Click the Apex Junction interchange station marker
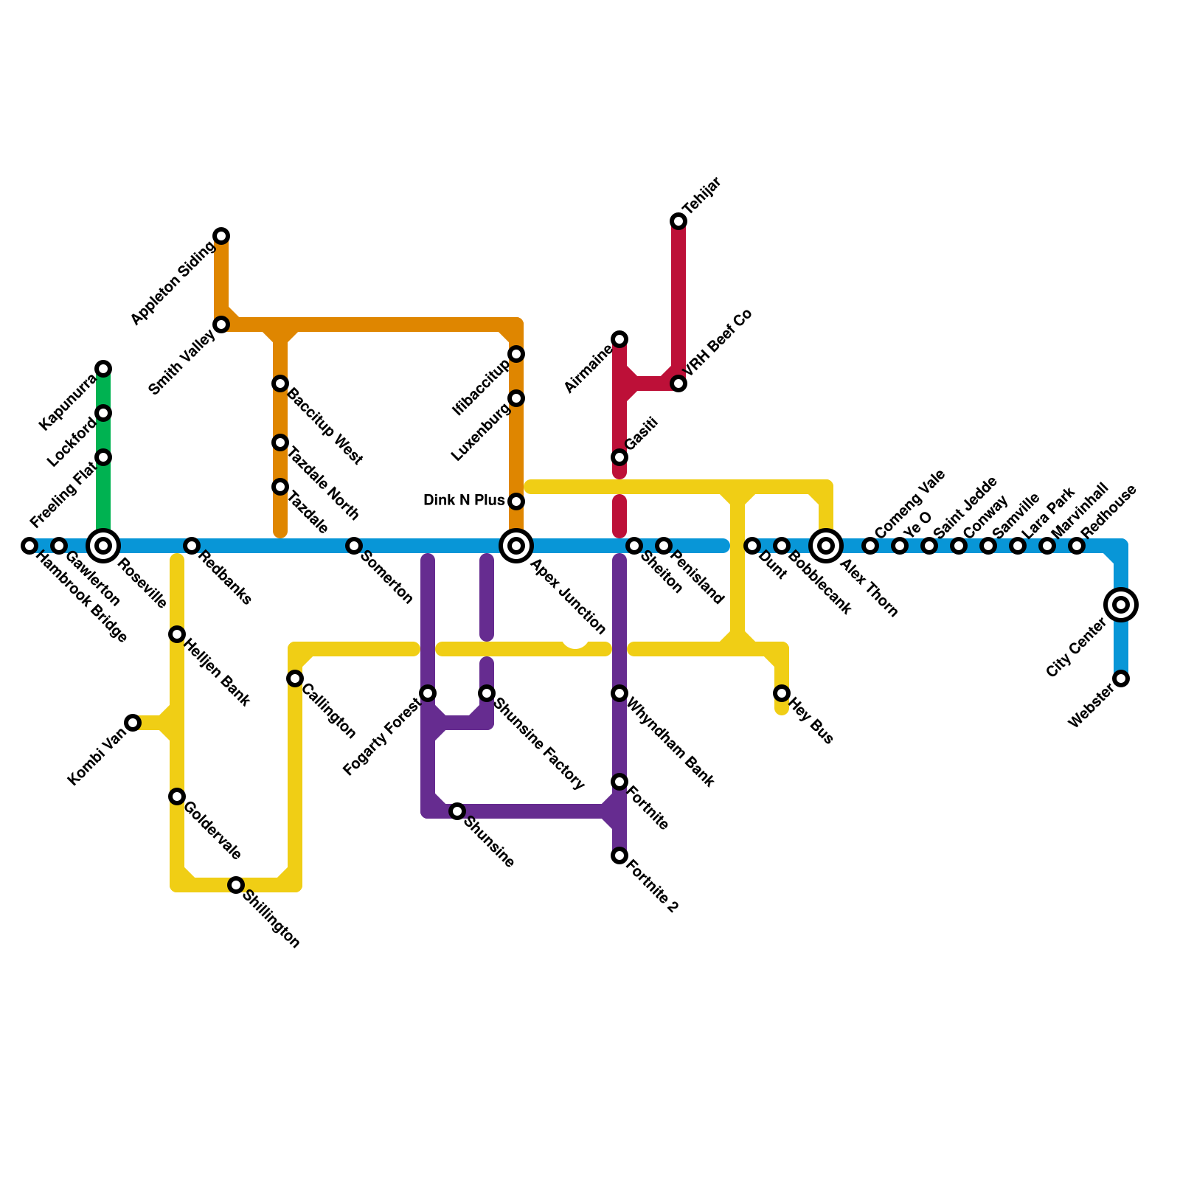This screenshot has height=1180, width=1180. coord(516,546)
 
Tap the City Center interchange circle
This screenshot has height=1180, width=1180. coord(1121,605)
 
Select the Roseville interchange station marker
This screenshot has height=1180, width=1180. coord(103,546)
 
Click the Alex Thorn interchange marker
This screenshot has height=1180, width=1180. coord(826,546)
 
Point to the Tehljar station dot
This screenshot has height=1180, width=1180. coord(678,221)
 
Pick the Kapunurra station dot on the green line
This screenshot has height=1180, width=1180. coord(103,369)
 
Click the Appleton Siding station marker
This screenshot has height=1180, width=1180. coord(221,236)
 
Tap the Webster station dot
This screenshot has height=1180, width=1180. coord(1121,678)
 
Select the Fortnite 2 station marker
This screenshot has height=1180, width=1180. coord(619,855)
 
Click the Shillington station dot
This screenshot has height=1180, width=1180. coord(236,885)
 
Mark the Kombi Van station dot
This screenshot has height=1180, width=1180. coord(133,723)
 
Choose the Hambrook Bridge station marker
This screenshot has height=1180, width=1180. coord(29,546)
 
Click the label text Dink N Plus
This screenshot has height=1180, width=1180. coord(464,501)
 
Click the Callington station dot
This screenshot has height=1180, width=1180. coord(295,678)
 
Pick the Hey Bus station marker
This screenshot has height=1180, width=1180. coord(782,693)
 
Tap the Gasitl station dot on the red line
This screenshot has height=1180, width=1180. coord(619,457)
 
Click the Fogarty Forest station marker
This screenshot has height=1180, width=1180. coord(428,693)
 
